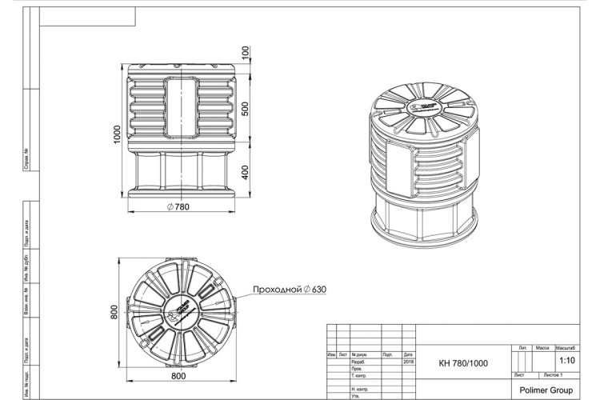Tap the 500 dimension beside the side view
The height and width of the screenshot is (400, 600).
click(246, 108)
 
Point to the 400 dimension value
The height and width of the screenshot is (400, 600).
click(246, 171)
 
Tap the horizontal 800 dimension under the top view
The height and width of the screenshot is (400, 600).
click(178, 375)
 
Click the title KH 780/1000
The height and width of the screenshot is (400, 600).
click(462, 363)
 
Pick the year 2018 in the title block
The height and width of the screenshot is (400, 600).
click(408, 361)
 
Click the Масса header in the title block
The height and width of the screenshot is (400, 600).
click(542, 349)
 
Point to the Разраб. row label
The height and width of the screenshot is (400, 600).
click(358, 361)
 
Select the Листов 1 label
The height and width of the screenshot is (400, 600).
click(553, 374)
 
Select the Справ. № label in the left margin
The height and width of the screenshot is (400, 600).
click(27, 158)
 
